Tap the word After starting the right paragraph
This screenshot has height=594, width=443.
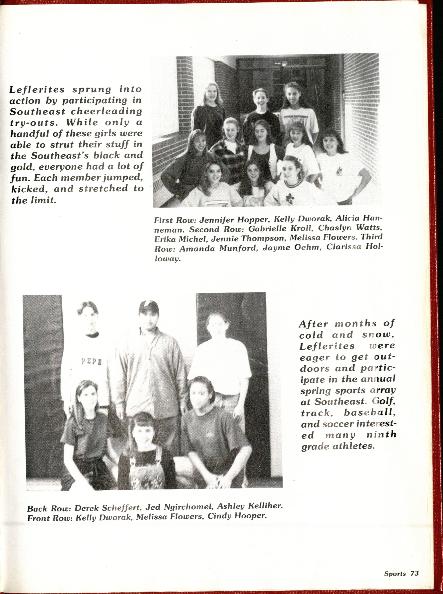(313, 324)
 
